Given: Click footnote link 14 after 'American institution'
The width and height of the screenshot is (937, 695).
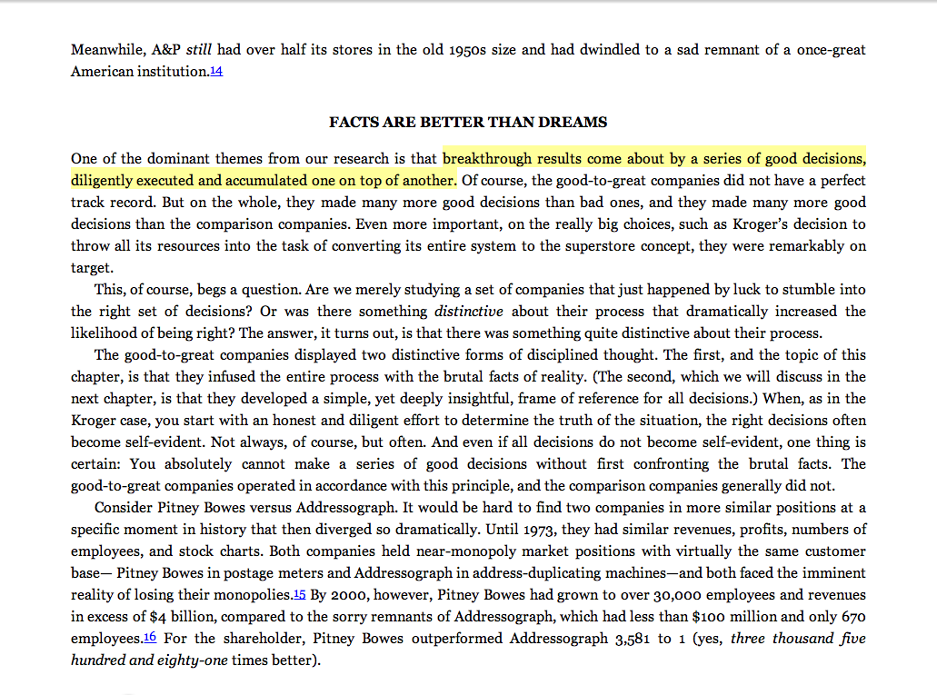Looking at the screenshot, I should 215,71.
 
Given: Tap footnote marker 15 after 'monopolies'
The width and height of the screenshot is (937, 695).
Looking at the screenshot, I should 299,595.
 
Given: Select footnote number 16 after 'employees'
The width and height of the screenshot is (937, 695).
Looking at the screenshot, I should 150,639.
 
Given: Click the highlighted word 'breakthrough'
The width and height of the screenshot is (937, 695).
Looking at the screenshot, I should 485,158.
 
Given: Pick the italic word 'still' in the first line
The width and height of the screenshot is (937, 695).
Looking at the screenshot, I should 198,49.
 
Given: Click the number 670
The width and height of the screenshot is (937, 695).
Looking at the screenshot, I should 853,617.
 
